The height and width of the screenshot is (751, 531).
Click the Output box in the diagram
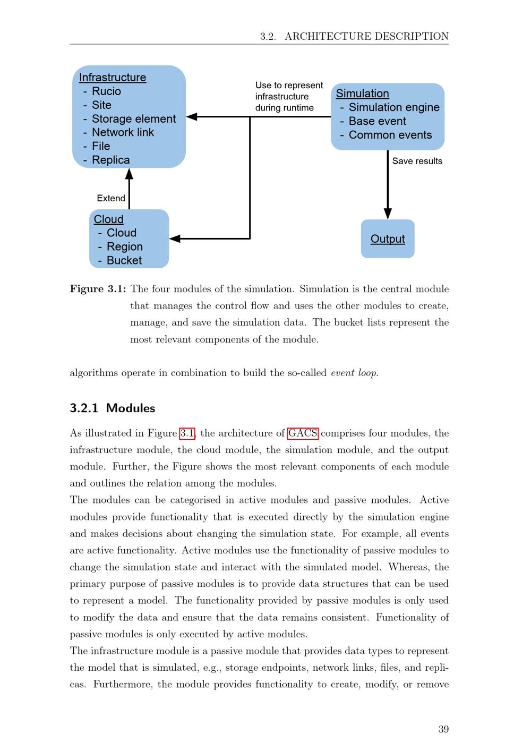coord(388,239)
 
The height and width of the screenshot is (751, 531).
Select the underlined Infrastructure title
coord(113,78)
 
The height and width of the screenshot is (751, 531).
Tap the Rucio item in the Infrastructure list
coord(106,91)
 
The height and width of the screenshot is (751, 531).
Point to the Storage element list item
coord(133,119)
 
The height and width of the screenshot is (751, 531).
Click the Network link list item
coord(123,133)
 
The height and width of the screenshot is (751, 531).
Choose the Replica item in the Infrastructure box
coord(110,160)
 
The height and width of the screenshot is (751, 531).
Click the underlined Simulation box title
coord(363,94)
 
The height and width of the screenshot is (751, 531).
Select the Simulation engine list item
coord(394,107)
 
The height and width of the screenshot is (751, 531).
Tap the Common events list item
coord(390,135)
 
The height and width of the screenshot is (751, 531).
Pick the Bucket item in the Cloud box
coord(124,260)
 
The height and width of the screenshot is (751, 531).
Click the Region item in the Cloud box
coord(125,246)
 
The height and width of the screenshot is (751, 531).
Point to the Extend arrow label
coord(111,198)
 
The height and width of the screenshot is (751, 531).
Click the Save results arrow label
coord(417,161)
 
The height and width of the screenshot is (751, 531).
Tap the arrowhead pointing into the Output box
coord(388,213)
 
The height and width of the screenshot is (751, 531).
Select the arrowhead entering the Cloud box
coord(175,239)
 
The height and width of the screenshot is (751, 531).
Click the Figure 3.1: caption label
coord(98,289)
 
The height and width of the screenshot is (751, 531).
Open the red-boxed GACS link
coord(303,433)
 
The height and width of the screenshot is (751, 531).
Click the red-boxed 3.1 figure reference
coord(187,433)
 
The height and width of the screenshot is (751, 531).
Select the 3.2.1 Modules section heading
coord(113,408)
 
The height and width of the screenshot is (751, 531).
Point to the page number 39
coord(443,729)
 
